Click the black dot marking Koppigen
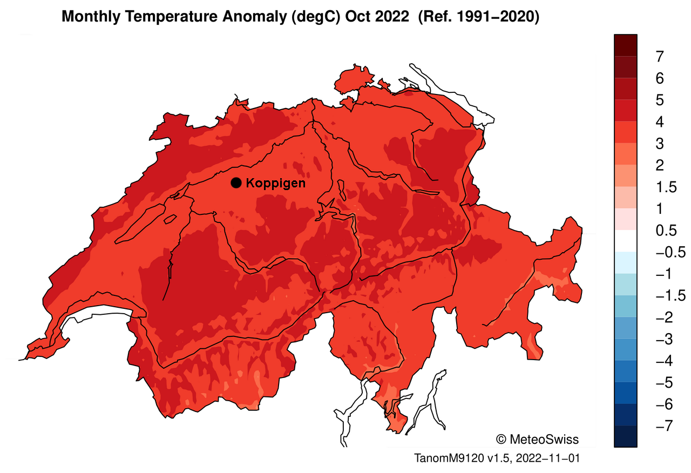tap(236, 183)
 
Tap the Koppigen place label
tap(275, 183)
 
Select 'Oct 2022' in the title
tap(385, 17)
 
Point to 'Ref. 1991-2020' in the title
tap(479, 17)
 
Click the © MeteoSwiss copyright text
tap(537, 438)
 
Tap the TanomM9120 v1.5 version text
tap(463, 458)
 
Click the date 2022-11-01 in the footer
tap(547, 458)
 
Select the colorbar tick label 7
tap(660, 56)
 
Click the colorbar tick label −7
tap(664, 427)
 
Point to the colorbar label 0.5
tap(666, 231)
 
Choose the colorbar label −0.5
tap(670, 252)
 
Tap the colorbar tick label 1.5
tap(666, 187)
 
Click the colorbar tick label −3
tap(664, 340)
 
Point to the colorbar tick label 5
tap(660, 100)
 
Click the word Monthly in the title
tap(90, 17)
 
